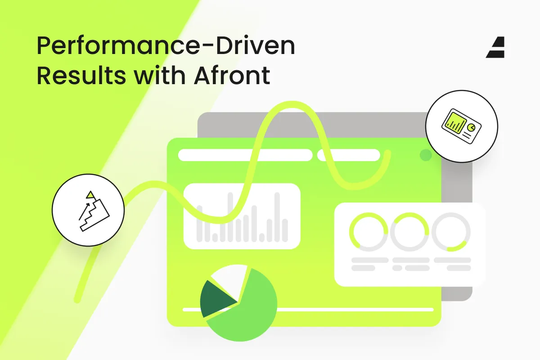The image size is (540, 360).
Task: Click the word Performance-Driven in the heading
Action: (166, 46)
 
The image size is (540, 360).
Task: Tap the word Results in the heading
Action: (81, 76)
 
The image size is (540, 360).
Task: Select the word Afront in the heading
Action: (232, 76)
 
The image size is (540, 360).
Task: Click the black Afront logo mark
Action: (495, 48)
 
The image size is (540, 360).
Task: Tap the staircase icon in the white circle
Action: (94, 211)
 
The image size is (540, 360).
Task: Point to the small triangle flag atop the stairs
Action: (90, 194)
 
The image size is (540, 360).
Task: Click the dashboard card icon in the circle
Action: (461, 126)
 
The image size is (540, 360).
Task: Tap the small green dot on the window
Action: (426, 155)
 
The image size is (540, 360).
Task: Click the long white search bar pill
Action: (245, 155)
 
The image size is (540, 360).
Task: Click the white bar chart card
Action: (242, 216)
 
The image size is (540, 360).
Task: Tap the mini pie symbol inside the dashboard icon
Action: (471, 127)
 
